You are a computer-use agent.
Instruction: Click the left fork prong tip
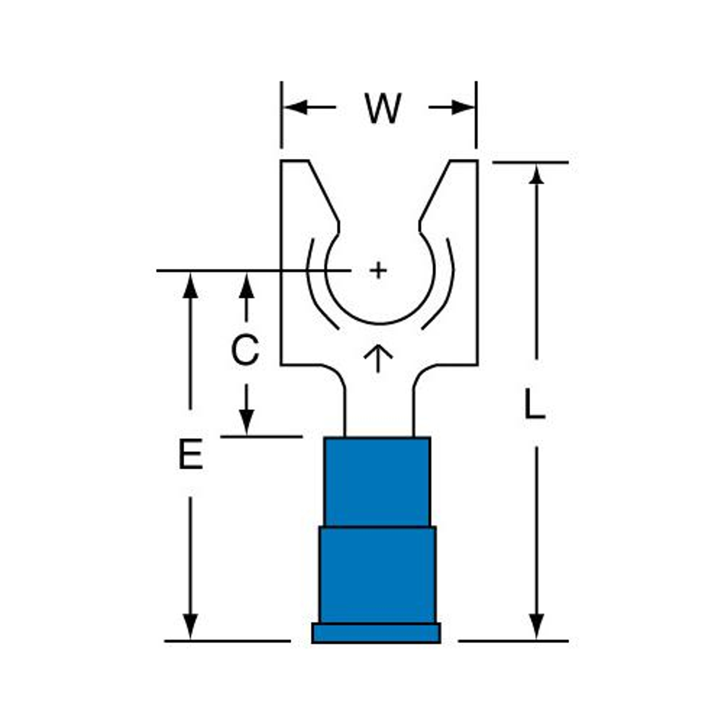pyautogui.click(x=295, y=161)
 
